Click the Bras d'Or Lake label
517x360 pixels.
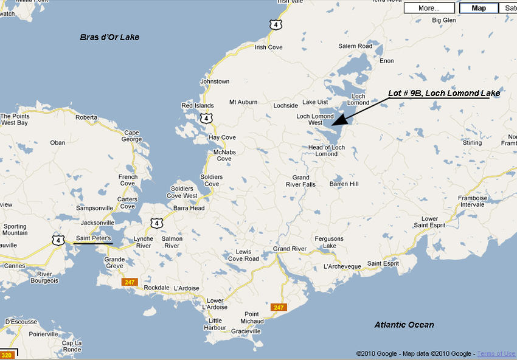click(x=109, y=37)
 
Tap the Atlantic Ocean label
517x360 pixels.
click(x=404, y=325)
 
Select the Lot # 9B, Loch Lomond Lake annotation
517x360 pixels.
click(x=444, y=94)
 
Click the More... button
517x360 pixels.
click(x=429, y=8)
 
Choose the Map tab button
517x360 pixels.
click(x=479, y=8)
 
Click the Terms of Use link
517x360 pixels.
click(x=496, y=354)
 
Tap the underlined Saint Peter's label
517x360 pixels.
click(x=93, y=239)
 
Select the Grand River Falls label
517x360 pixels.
click(x=300, y=181)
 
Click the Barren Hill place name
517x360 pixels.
click(x=344, y=184)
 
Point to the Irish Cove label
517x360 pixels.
click(x=268, y=47)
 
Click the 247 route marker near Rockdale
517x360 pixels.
click(x=128, y=282)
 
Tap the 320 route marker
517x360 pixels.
click(x=7, y=355)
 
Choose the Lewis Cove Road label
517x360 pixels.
click(x=243, y=255)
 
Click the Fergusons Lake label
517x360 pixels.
click(x=329, y=242)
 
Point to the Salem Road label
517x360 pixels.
click(x=355, y=46)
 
